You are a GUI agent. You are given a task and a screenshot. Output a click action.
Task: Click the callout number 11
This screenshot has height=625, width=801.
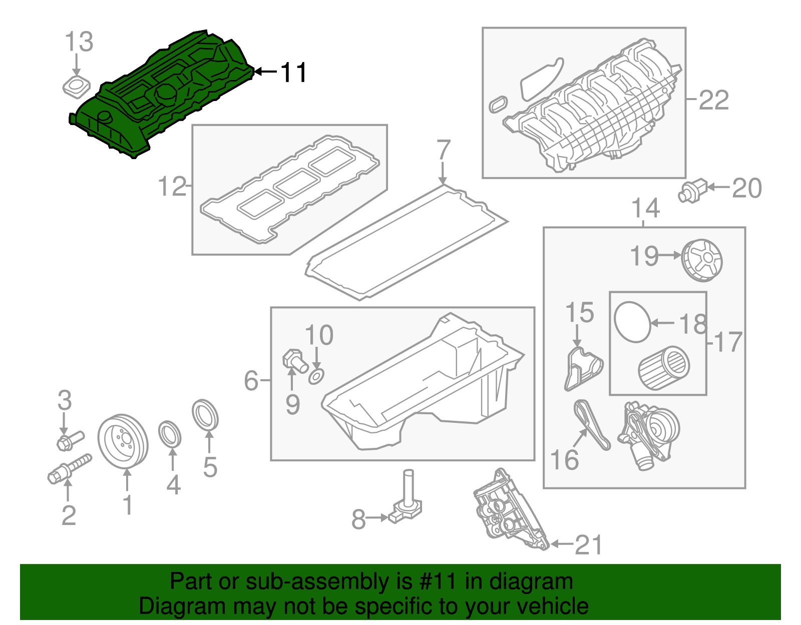293,73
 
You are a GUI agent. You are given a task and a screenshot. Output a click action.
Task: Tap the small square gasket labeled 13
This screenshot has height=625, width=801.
76,87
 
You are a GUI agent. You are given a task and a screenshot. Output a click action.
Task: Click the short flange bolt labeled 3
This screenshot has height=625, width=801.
69,440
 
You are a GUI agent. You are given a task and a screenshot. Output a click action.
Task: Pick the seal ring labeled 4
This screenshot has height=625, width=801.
170,434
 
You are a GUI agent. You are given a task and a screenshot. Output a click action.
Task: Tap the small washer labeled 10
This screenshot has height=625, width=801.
316,376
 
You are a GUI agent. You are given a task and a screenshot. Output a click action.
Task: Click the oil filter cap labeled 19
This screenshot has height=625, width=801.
702,260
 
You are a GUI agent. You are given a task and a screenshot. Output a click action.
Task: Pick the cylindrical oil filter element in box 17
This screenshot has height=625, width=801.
664,369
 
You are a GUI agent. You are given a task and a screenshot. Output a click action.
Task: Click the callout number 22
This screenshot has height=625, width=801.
713,101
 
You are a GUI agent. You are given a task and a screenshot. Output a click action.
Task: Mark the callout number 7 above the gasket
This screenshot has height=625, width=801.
443,150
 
